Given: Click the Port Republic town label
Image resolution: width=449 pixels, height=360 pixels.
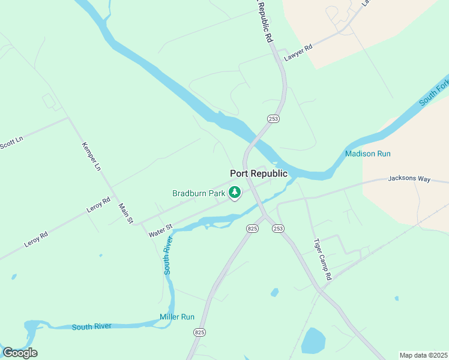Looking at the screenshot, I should point(259,173).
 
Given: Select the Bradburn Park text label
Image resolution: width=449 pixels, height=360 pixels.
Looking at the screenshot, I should point(199,193).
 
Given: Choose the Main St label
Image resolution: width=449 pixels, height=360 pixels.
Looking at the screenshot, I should point(125,214).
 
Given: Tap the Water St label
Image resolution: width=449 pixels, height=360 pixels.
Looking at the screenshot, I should point(161,230).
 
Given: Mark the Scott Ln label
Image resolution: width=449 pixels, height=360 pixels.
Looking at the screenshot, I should point(10,142).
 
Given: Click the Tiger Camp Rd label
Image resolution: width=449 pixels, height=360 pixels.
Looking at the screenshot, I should point(322,260).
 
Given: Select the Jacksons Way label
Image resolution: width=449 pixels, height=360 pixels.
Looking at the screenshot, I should point(409,178).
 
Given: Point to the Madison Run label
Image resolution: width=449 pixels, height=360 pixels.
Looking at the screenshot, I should point(368,154).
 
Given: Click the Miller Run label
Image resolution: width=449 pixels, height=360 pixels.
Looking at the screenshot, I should point(177,316).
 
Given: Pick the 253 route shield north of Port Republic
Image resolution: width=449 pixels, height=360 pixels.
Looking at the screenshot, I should point(274,119).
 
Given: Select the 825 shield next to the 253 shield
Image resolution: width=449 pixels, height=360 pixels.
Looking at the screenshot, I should point(252,229).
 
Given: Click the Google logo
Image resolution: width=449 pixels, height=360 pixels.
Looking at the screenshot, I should point(20,352).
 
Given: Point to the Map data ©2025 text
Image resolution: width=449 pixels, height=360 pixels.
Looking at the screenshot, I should point(423,355).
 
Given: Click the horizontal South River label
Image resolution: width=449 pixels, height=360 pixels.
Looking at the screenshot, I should point(91,326).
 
